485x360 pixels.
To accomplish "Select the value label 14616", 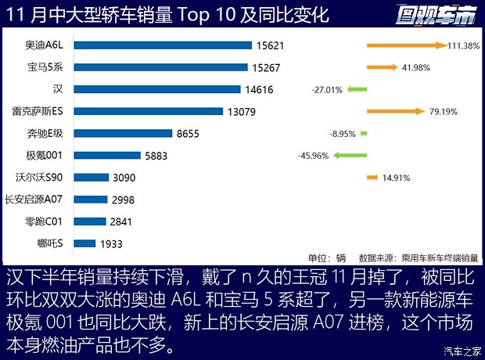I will (x=258, y=89).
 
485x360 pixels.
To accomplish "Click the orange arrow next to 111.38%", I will (x=406, y=45).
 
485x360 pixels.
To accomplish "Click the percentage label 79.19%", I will (x=444, y=111).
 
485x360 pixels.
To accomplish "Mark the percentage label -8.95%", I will (x=343, y=134).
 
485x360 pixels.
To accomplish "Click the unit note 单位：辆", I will (x=327, y=257).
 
